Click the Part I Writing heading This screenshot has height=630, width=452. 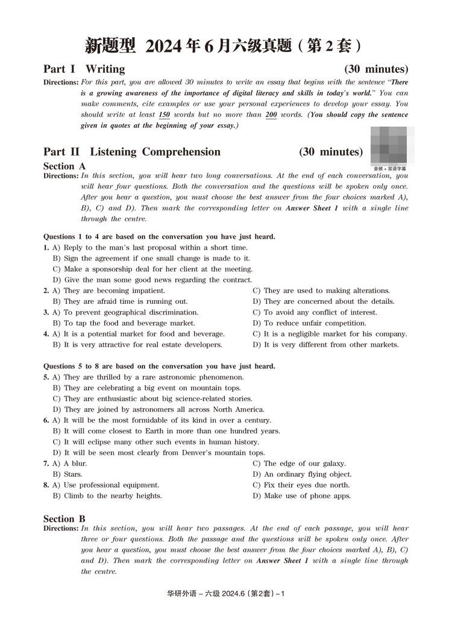[84, 69]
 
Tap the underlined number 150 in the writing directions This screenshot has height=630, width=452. [164, 115]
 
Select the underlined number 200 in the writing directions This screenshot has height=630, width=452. [271, 115]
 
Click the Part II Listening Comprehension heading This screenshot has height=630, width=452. [132, 152]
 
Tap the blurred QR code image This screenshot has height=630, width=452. [389, 145]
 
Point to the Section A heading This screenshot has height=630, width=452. [64, 166]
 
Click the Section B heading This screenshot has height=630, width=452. [64, 518]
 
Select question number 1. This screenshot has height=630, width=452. [46, 248]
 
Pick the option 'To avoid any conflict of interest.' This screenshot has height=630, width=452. [320, 312]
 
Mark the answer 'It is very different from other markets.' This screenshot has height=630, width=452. [331, 345]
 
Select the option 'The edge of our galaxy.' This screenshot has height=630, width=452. [304, 464]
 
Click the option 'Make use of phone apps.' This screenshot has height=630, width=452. [307, 496]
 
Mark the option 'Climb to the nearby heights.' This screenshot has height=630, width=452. [113, 496]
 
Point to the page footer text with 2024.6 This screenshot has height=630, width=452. [225, 593]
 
